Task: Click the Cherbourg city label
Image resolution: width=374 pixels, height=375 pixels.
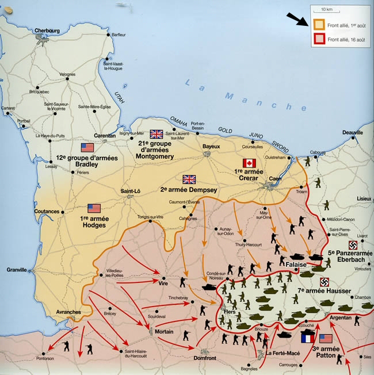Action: coord(47,30)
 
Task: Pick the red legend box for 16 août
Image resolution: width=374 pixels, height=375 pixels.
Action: coord(318,40)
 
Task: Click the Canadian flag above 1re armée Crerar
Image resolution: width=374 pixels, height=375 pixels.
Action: coord(249,163)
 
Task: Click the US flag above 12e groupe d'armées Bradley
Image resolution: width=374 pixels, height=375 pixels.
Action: coord(87,148)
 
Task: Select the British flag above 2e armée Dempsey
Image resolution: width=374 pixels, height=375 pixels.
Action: coord(189,179)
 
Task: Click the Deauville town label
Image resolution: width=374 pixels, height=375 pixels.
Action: coord(352,132)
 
